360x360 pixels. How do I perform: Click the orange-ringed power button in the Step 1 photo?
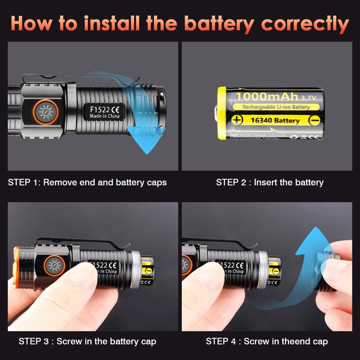coord(45,112)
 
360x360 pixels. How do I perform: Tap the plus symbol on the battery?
coord(237,120)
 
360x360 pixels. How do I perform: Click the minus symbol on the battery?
coord(315,120)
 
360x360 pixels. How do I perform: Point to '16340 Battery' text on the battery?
coord(275,120)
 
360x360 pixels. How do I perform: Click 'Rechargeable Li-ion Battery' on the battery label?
coord(276,107)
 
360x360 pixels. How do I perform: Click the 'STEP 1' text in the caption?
coord(24,183)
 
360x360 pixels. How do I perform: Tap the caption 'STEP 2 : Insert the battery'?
coord(270,183)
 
